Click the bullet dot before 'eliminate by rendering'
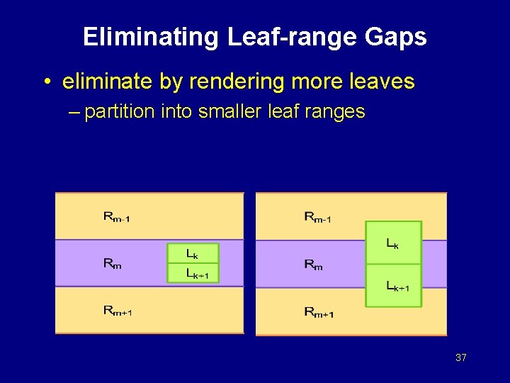tap(45, 83)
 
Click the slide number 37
tap(460, 358)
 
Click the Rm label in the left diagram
tap(112, 264)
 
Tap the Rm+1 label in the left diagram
tap(118, 310)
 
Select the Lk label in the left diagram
tap(192, 253)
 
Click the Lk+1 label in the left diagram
tap(203, 273)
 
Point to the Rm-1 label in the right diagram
tap(317, 217)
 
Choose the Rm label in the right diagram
tap(313, 265)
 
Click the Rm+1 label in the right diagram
tap(319, 311)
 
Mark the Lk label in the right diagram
tap(392, 243)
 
